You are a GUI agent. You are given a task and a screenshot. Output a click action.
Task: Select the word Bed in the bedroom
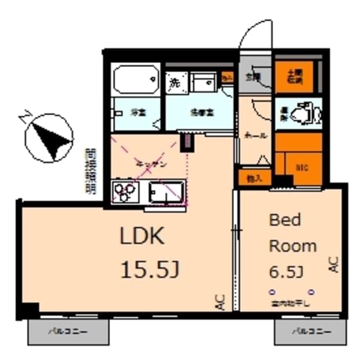(x=285, y=221)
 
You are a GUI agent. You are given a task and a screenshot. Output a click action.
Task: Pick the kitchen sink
(x=166, y=191)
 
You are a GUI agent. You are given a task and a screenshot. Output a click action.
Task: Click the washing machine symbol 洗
(x=174, y=82)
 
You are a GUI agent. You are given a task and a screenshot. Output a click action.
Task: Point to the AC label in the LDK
(x=219, y=301)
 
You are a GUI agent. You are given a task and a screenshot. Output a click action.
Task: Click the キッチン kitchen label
(x=152, y=164)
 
